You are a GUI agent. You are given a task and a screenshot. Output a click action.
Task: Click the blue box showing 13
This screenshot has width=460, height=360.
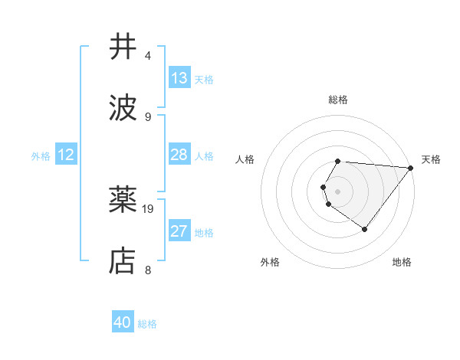click(179, 78)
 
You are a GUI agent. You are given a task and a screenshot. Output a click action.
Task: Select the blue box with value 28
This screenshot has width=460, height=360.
click(179, 155)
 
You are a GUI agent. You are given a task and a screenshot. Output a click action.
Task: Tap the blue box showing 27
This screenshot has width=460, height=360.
click(179, 231)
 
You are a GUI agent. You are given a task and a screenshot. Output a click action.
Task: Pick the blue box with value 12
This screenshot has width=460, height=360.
click(66, 155)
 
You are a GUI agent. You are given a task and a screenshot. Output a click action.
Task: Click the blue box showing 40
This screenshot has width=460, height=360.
click(123, 322)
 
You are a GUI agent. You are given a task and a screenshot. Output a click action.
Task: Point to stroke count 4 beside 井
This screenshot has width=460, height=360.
click(148, 56)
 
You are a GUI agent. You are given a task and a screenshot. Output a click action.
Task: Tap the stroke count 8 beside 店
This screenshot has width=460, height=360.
click(148, 270)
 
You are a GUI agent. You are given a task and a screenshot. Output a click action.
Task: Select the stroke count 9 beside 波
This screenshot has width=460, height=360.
click(148, 116)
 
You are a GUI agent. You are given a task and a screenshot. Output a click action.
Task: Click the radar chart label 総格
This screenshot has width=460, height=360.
click(338, 100)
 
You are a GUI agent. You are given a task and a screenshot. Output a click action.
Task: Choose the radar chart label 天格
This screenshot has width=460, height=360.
click(431, 159)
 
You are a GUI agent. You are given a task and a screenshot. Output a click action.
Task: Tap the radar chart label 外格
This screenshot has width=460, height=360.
click(270, 262)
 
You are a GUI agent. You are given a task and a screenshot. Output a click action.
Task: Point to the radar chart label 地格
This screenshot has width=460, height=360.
click(402, 262)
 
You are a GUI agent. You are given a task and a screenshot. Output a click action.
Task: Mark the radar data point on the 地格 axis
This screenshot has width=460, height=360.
click(365, 229)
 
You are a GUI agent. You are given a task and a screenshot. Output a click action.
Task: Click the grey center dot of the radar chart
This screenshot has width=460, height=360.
click(338, 191)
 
